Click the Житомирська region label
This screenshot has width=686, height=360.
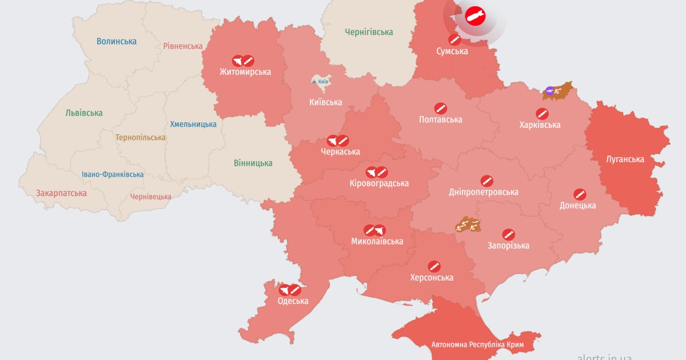click(245, 72)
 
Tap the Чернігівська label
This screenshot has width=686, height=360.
click(369, 33)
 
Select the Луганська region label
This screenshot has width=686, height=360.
click(625, 159)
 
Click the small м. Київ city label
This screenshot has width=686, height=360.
click(320, 82)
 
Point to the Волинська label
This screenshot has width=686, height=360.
click(117, 41)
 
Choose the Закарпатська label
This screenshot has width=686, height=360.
click(61, 193)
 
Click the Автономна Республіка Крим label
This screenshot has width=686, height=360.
click(477, 345)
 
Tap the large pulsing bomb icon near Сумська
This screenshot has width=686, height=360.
click(474, 16)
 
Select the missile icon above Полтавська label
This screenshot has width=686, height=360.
click(440, 108)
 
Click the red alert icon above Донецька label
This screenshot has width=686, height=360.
click(580, 194)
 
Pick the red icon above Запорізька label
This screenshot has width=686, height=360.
click(508, 234)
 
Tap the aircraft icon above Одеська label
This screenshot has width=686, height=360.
click(284, 290)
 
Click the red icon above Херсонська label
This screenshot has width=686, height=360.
click(434, 266)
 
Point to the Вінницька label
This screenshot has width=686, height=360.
click(253, 163)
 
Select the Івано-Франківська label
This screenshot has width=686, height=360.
click(113, 174)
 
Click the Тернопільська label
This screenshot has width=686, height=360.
click(141, 138)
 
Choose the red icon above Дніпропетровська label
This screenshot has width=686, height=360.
click(486, 181)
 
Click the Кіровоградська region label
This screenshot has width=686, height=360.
click(379, 183)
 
